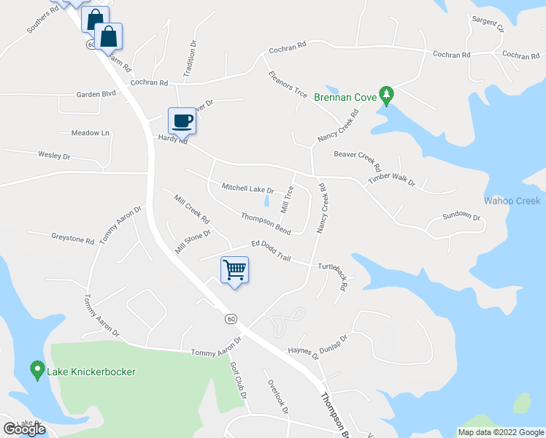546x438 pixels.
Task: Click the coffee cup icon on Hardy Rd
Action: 182,120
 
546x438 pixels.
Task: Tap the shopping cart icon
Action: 234,270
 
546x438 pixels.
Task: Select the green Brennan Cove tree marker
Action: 387,95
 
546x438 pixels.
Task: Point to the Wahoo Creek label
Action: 512,201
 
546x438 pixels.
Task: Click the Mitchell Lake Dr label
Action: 247,189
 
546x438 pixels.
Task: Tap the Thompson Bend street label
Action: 266,224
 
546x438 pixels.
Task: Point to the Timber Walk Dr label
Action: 391,181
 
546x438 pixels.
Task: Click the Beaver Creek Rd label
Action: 358,159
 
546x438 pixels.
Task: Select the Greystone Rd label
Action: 73,238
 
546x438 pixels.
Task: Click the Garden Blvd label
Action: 96,94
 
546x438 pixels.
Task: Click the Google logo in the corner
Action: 24,429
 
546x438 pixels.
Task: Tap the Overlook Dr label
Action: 278,396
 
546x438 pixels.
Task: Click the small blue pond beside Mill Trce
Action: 266,199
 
